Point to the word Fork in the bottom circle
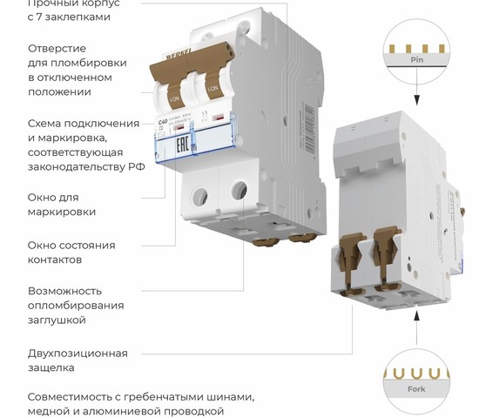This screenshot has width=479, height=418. (417, 389)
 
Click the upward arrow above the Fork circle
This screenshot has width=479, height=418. (417, 320)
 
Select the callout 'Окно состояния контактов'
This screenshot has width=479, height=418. (71, 252)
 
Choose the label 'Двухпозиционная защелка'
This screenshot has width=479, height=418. (78, 361)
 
